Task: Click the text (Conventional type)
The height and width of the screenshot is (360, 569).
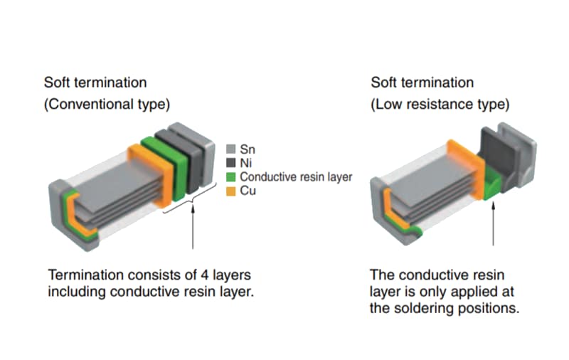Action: [107, 104]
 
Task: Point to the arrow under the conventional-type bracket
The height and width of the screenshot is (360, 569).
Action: [193, 228]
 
